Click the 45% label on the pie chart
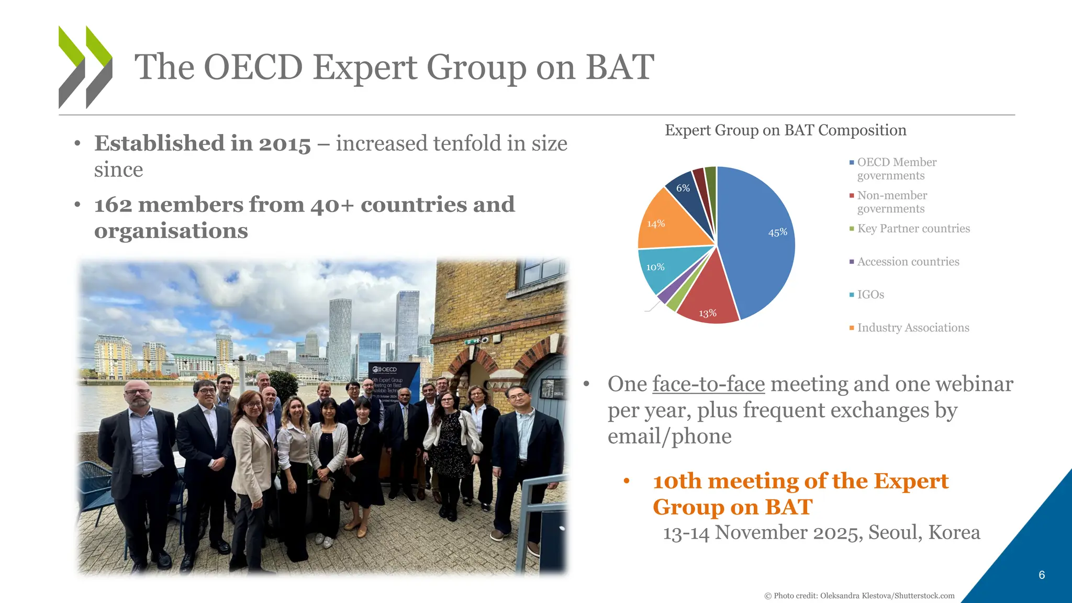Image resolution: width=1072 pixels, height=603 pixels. click(x=777, y=232)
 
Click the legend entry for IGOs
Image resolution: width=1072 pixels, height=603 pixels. click(x=870, y=295)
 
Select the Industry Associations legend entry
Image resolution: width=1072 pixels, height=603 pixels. click(x=912, y=328)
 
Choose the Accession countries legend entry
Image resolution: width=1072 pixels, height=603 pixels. click(x=908, y=262)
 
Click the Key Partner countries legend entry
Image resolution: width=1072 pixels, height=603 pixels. click(x=913, y=229)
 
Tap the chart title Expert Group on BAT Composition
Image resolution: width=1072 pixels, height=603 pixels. click(x=785, y=130)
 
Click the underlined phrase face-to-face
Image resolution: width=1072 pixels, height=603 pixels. click(x=708, y=384)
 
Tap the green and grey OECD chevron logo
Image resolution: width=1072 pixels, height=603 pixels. click(x=85, y=67)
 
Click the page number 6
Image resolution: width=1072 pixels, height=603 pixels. click(x=1041, y=575)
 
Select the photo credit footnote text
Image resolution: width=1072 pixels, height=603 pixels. click(x=859, y=596)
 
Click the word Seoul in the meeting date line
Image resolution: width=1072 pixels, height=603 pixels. click(x=892, y=532)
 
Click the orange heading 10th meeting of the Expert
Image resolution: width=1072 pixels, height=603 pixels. click(x=800, y=481)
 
